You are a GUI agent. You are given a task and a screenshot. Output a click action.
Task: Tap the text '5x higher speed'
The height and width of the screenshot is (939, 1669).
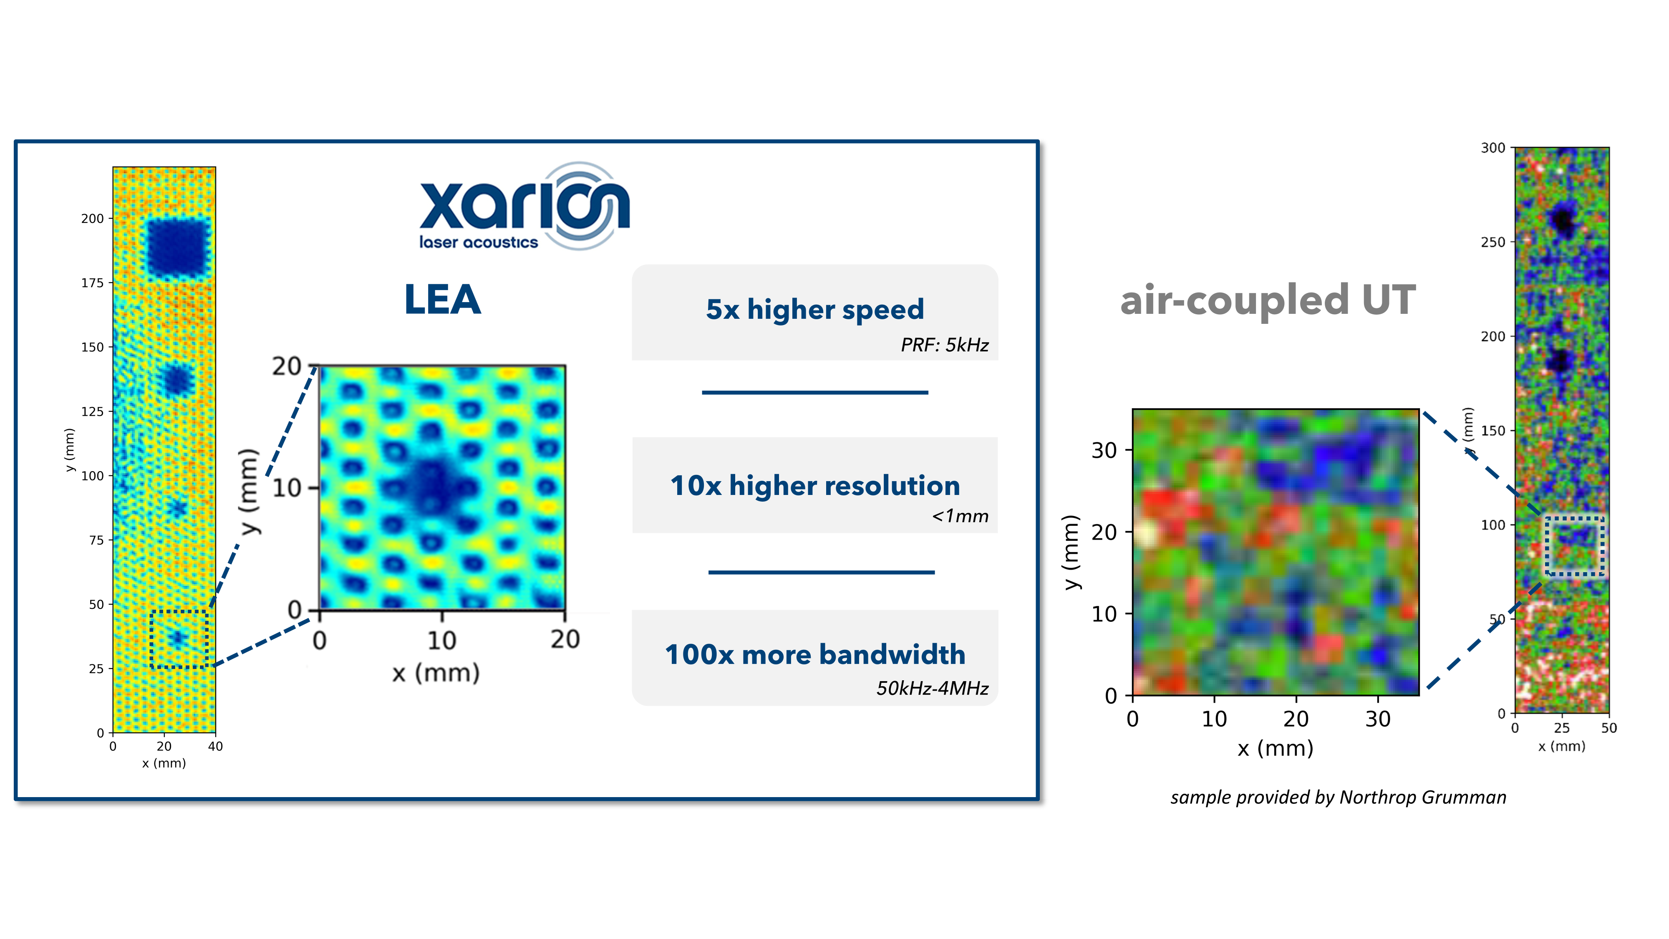[x=814, y=309]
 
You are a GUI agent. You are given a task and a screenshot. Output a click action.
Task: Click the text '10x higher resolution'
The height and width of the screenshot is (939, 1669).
[x=814, y=485]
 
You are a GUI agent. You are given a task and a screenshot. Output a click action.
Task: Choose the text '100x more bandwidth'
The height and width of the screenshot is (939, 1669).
[x=814, y=654]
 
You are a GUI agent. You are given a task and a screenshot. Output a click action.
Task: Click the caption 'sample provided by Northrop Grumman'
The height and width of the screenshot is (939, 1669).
[x=1338, y=797]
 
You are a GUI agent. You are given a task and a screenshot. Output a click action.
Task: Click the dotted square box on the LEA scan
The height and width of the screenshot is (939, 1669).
[x=179, y=639]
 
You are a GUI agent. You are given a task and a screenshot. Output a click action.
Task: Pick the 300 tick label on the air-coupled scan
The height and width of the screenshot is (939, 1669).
[x=1493, y=148]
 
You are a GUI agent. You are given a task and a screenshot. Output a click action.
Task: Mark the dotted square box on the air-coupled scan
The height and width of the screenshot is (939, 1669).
[x=1574, y=546]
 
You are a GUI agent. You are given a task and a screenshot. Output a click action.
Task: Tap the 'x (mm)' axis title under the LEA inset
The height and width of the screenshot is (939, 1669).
[x=435, y=673]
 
